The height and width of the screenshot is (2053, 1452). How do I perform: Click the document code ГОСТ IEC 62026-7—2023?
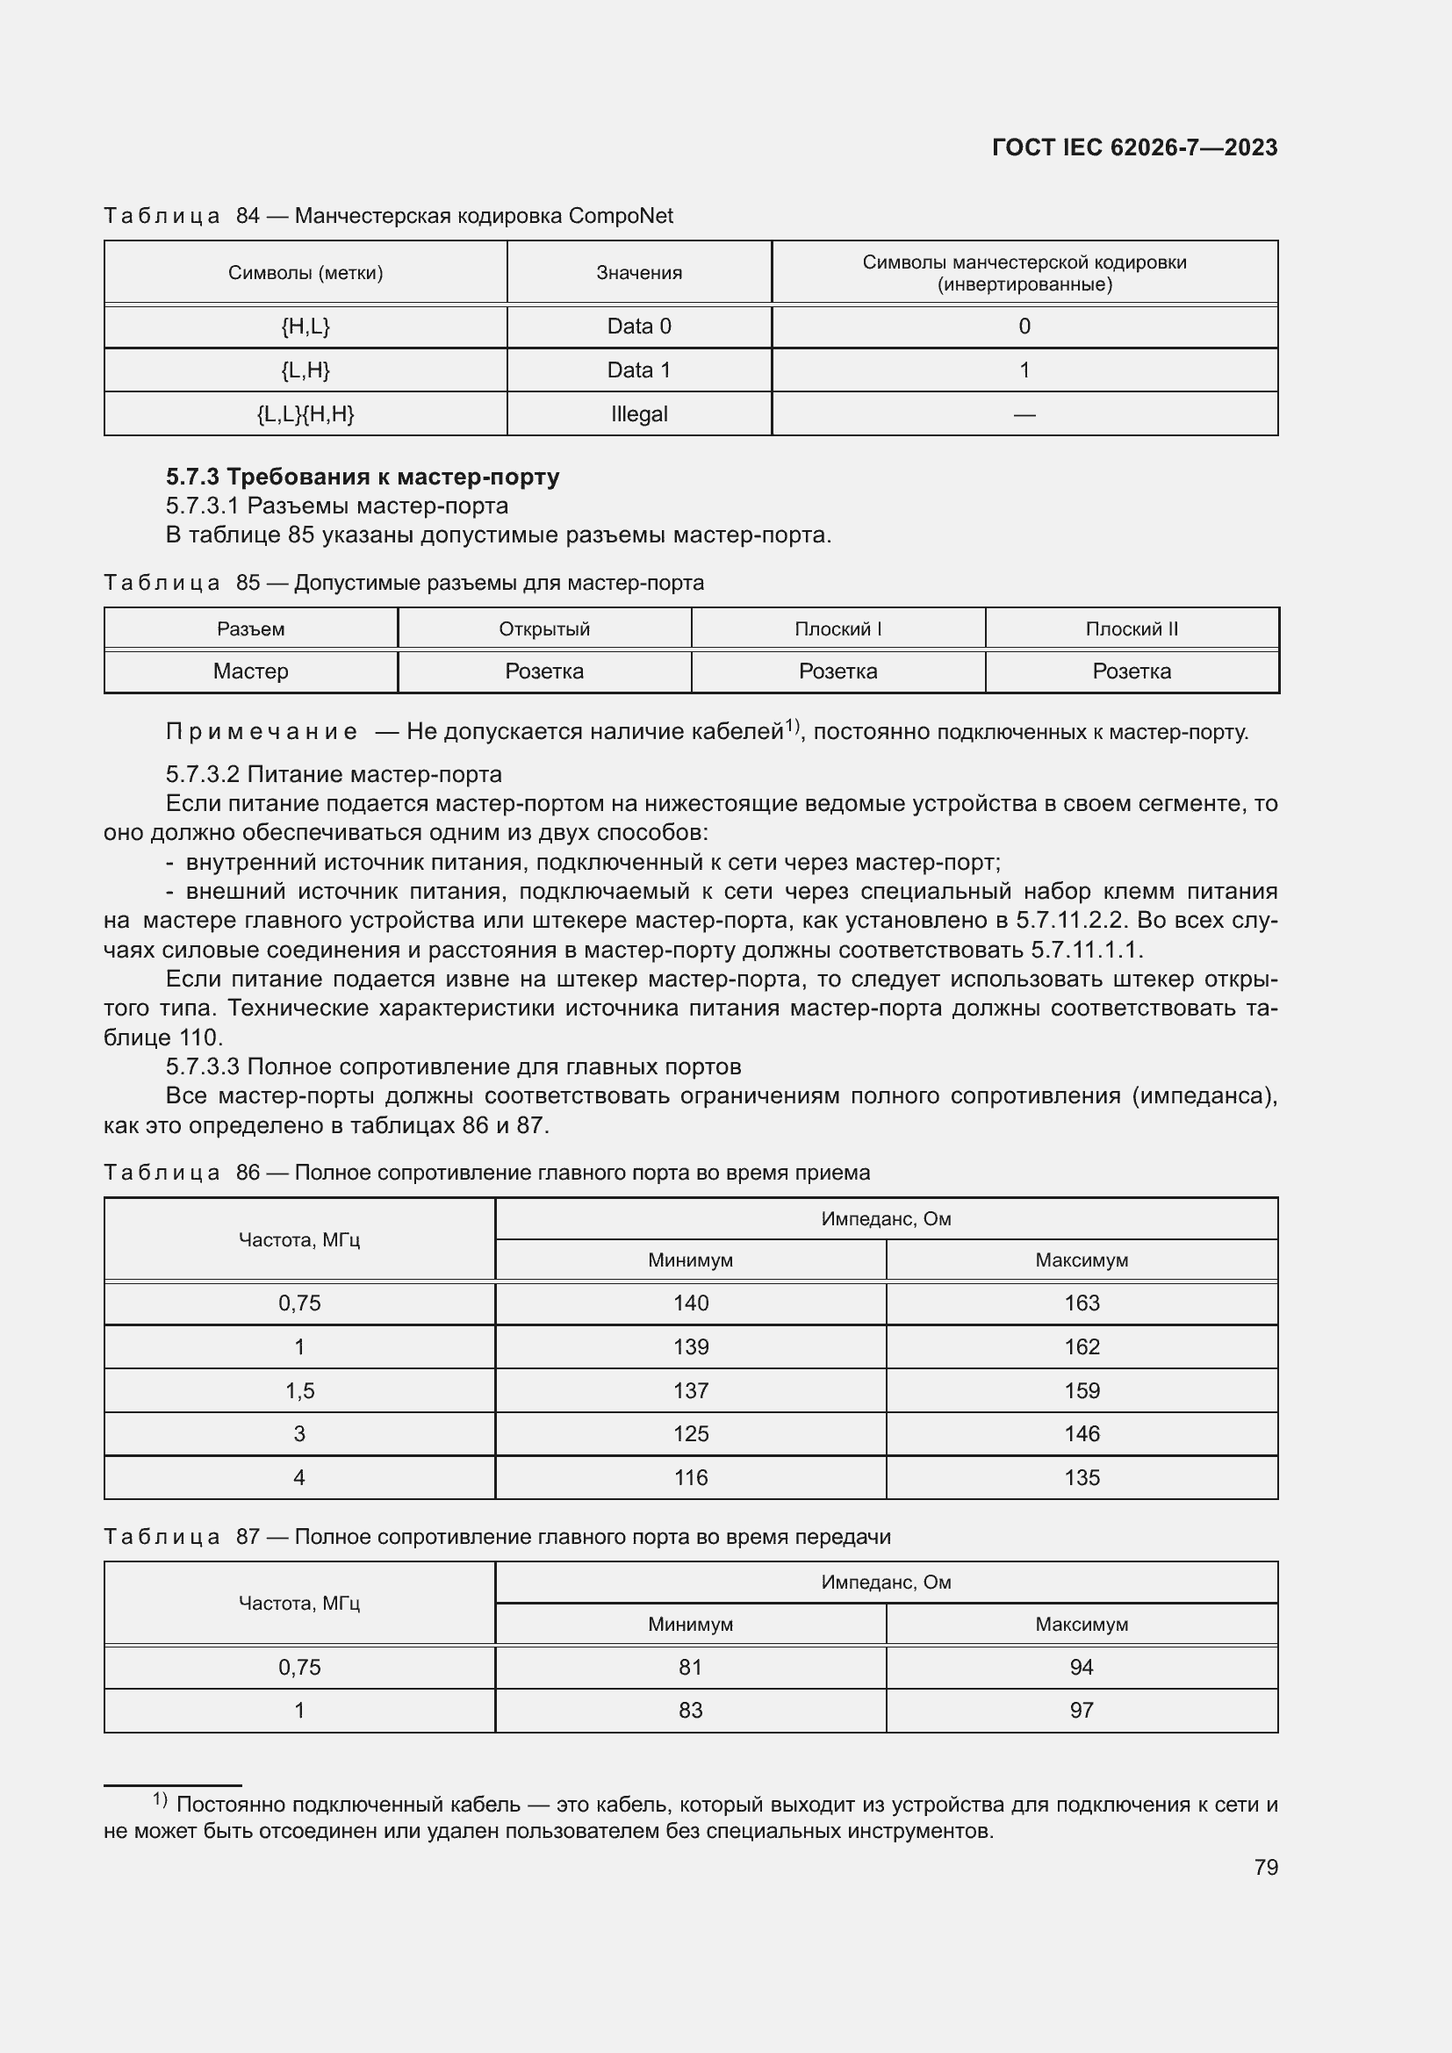click(x=1133, y=147)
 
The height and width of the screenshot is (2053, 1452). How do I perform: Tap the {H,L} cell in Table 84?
click(x=305, y=327)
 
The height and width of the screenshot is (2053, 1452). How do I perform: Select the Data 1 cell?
click(x=638, y=370)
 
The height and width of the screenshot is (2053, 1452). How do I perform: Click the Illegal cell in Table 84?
click(x=638, y=414)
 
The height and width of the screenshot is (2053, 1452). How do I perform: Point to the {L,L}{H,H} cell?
click(x=305, y=414)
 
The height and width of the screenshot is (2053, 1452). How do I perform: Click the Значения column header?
click(x=638, y=273)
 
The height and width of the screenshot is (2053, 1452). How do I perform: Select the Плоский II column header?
click(x=1131, y=628)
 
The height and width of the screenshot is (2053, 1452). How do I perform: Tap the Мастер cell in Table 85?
click(x=250, y=671)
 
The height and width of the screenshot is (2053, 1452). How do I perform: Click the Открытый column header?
click(x=543, y=628)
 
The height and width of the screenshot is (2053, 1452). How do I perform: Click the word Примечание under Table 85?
click(x=262, y=731)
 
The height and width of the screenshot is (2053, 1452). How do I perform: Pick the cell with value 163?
click(x=1081, y=1303)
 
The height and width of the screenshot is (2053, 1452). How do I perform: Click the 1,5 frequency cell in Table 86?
click(x=298, y=1390)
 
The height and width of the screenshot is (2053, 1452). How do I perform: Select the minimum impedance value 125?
click(x=690, y=1433)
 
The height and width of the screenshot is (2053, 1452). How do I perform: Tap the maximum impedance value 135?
click(x=1081, y=1477)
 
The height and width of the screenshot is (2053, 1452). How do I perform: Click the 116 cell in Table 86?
click(x=690, y=1477)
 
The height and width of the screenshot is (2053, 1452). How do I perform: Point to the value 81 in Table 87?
click(x=690, y=1667)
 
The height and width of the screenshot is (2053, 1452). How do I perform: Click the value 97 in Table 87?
click(x=1081, y=1710)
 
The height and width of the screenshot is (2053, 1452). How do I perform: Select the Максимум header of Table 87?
click(x=1081, y=1624)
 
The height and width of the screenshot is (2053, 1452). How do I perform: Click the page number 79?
click(x=1265, y=1867)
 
